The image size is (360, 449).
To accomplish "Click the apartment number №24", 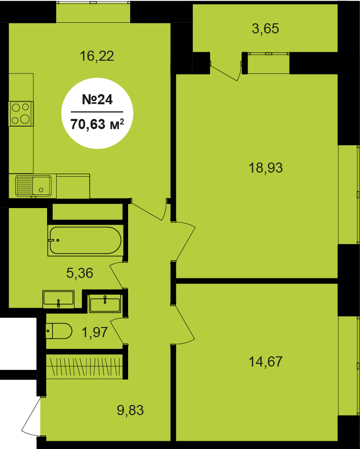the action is click(97, 99).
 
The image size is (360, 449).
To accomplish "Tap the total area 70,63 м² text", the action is click(97, 125).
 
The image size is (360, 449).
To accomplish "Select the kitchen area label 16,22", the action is click(97, 56).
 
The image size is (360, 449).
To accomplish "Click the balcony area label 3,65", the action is click(265, 29).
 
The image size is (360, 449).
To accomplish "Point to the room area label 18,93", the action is click(266, 168).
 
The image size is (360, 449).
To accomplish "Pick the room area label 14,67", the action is click(266, 361).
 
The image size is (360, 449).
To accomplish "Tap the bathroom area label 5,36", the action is click(79, 273).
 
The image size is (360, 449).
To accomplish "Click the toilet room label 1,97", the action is click(95, 332).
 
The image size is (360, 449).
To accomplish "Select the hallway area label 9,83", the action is click(130, 410).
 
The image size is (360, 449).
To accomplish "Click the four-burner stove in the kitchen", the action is click(21, 114).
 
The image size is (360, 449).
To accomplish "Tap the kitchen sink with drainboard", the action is click(33, 186).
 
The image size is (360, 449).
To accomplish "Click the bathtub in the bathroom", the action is click(86, 240).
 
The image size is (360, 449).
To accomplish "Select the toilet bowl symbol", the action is click(58, 331).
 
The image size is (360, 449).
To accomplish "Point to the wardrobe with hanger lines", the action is click(85, 366).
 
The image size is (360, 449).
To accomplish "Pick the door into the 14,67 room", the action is click(183, 324).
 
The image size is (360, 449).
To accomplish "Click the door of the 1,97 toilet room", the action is click(117, 331).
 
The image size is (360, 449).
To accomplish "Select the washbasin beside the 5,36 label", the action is click(58, 299).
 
